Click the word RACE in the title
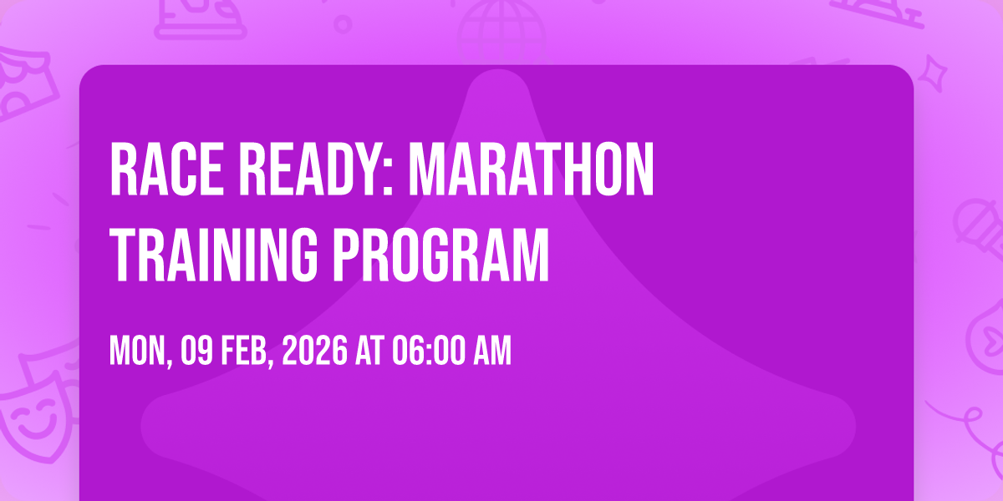166,169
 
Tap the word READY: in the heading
316,169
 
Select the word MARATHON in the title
531,169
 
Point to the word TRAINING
213,255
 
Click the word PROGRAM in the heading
440,255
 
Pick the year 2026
314,351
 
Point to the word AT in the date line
369,351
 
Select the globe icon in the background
501,32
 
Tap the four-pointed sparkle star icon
933,73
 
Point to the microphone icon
979,233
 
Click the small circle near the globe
343,24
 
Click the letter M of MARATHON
425,169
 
